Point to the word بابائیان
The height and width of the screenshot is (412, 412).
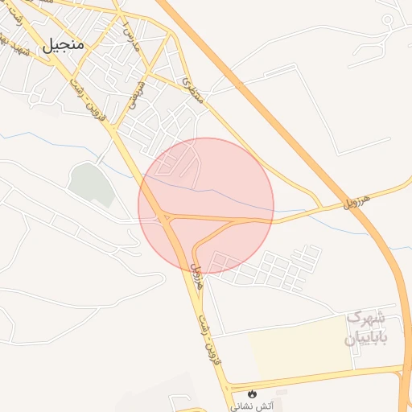366,337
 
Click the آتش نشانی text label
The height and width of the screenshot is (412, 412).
253,406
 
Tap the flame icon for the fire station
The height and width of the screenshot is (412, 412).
253,394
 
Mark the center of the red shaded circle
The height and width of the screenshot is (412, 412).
206,205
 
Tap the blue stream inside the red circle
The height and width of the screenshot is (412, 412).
217,192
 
